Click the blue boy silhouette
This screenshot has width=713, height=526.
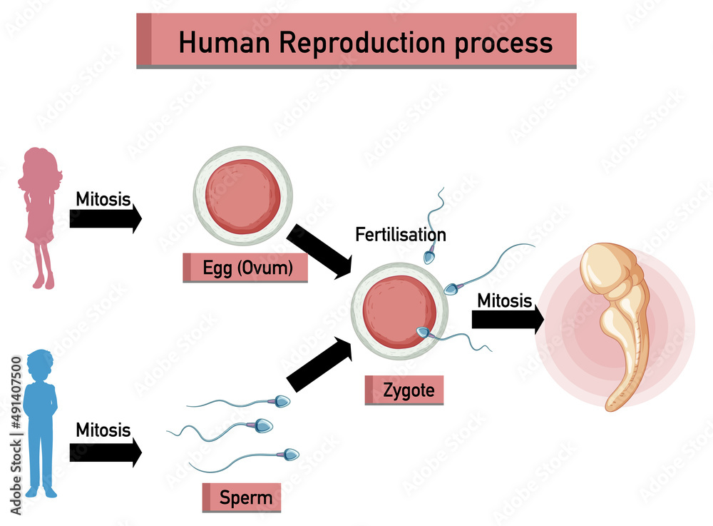click(40, 421)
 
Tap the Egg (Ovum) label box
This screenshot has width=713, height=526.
click(245, 268)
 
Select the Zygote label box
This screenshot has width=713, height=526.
click(404, 390)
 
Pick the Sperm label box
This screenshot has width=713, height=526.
click(241, 497)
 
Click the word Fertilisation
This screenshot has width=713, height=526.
click(401, 234)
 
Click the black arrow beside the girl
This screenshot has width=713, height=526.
click(105, 218)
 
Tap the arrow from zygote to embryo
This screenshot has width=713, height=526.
click(507, 320)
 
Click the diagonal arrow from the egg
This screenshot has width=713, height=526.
click(319, 251)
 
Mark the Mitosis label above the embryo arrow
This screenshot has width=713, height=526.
click(505, 300)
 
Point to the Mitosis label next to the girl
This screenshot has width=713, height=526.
click(103, 199)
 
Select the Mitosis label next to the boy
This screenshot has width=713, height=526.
click(103, 430)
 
